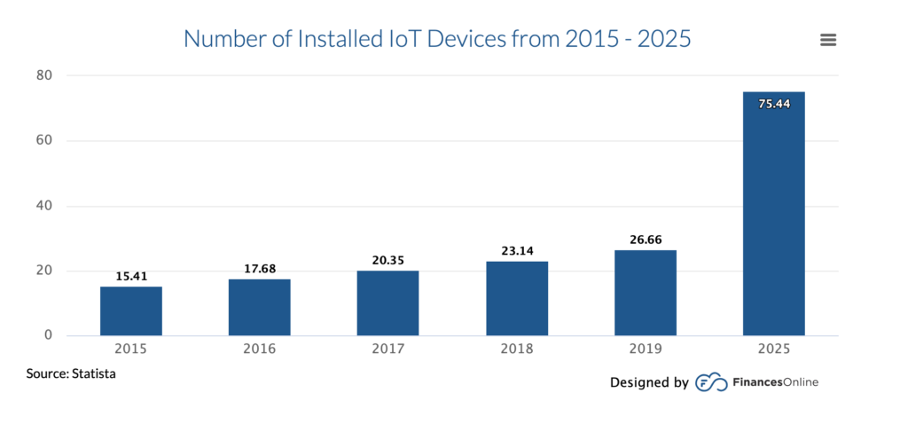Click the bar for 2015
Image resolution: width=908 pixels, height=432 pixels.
tap(131, 311)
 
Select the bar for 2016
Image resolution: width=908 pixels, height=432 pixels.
tap(260, 308)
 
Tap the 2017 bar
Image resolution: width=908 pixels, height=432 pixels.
tap(388, 303)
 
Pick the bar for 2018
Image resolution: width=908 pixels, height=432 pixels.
tap(517, 299)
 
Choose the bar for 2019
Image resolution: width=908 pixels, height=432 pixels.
tap(646, 293)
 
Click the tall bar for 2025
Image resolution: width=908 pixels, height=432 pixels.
tap(774, 214)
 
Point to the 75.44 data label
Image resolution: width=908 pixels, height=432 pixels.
tap(774, 104)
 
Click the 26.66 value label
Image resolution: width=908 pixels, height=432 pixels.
tap(646, 240)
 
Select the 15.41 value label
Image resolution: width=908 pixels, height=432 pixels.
tap(131, 276)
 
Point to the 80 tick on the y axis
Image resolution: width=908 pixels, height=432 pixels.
tap(45, 75)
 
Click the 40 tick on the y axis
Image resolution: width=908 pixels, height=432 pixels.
tap(45, 206)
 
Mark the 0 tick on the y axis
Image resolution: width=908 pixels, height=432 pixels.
tap(50, 336)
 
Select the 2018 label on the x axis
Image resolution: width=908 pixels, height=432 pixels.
tap(517, 350)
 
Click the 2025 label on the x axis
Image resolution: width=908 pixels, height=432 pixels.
tap(774, 350)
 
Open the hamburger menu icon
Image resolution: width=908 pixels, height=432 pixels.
tap(829, 40)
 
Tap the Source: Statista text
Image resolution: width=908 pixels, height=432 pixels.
tap(71, 374)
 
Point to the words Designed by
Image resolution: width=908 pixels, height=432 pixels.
tap(649, 382)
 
